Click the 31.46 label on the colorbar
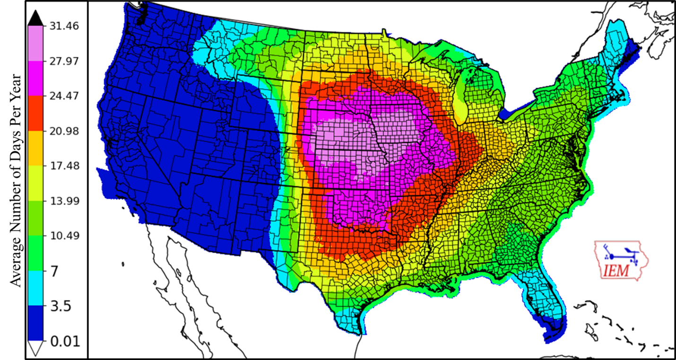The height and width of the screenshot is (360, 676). click(64, 26)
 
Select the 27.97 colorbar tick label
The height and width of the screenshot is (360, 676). click(64, 61)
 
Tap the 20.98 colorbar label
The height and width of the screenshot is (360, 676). click(64, 131)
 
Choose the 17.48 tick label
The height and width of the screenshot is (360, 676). click(64, 166)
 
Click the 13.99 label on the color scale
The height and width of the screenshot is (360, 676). click(64, 201)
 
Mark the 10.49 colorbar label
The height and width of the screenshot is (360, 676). click(64, 236)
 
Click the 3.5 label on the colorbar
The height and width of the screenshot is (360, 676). click(60, 306)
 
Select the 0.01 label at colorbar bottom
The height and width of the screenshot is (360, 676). click(64, 341)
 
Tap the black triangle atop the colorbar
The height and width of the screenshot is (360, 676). click(35, 18)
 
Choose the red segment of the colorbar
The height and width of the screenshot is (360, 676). click(35, 114)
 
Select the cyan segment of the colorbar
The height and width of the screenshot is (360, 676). click(35, 289)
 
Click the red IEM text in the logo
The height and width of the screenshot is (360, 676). click(616, 271)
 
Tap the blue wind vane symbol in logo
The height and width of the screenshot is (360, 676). click(620, 254)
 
